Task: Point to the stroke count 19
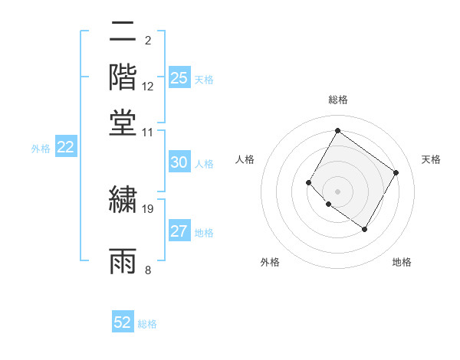pyautogui.click(x=149, y=208)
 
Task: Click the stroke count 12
pyautogui.click(x=149, y=87)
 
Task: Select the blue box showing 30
pyautogui.click(x=179, y=162)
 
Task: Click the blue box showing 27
pyautogui.click(x=179, y=231)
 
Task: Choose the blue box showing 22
pyautogui.click(x=65, y=148)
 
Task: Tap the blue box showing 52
pyautogui.click(x=123, y=322)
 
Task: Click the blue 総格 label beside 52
pyautogui.click(x=147, y=324)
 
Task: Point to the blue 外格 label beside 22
pyautogui.click(x=41, y=149)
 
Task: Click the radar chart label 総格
pyautogui.click(x=337, y=100)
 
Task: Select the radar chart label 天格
pyautogui.click(x=431, y=159)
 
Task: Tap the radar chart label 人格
pyautogui.click(x=245, y=159)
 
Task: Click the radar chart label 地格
pyautogui.click(x=402, y=262)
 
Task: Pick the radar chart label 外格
pyautogui.click(x=270, y=262)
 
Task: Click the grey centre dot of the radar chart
pyautogui.click(x=337, y=191)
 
